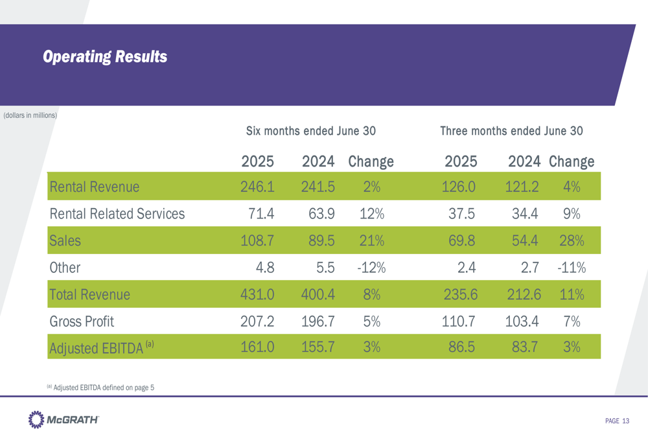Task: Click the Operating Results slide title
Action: point(104,56)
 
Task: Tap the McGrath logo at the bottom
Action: point(64,421)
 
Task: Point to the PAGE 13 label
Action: point(617,421)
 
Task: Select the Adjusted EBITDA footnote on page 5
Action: point(100,388)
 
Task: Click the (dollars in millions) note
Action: point(30,116)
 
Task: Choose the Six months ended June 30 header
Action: point(311,131)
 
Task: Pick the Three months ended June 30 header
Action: point(511,131)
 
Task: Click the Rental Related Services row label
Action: point(117,214)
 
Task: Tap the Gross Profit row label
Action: point(82,320)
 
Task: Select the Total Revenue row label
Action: point(89,294)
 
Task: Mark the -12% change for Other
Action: point(371,268)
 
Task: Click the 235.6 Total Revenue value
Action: point(461,294)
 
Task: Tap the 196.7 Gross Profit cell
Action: point(318,320)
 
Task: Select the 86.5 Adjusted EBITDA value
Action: point(462,347)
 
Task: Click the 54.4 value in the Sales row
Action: point(522,241)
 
